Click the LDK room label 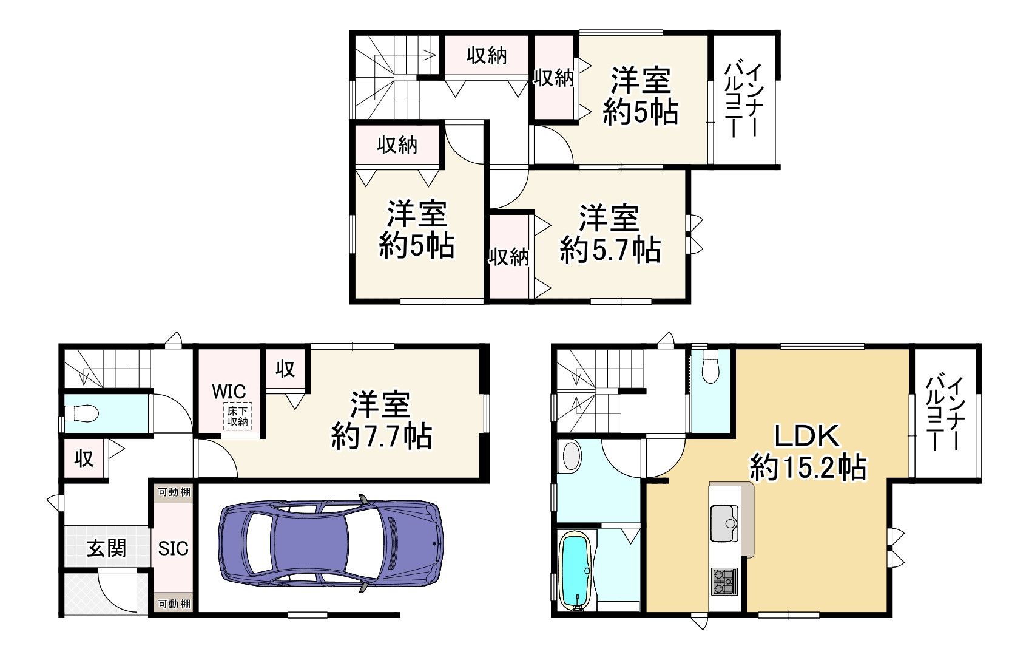click(807, 436)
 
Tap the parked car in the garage click(331, 543)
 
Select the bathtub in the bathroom click(575, 571)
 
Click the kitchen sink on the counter click(724, 523)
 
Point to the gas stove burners click(724, 582)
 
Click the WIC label click(229, 392)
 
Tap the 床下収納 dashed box click(237, 417)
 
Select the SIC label click(173, 548)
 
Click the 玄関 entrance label click(107, 548)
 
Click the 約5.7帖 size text click(610, 251)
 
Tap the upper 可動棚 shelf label click(174, 492)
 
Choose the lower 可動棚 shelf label click(174, 604)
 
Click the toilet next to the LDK click(710, 367)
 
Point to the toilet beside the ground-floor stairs click(81, 413)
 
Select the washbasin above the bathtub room click(571, 457)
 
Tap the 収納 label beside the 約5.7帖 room click(508, 257)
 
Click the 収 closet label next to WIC click(285, 369)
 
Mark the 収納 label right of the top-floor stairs click(487, 56)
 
